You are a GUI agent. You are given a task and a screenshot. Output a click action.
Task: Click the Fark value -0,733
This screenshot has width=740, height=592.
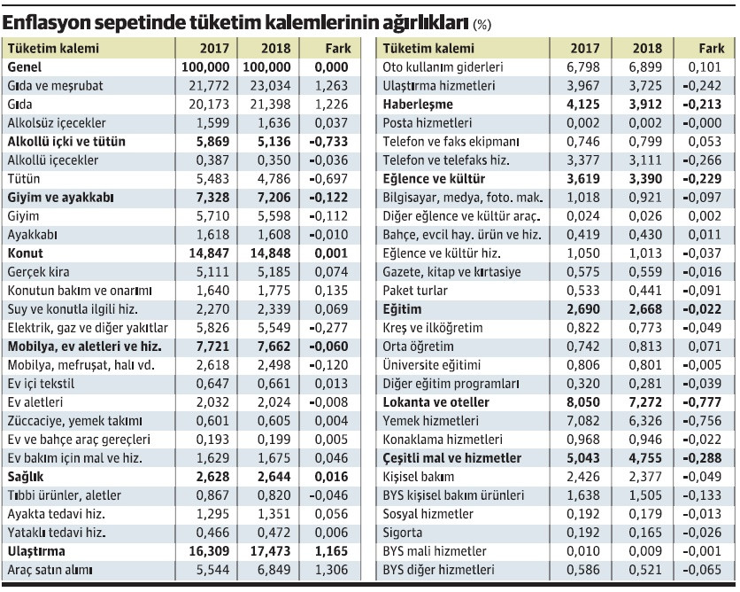[330, 142]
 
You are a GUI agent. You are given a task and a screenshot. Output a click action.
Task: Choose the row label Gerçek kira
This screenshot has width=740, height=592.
[38, 272]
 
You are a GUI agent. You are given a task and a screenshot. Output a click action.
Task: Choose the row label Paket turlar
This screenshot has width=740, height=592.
[415, 291]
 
